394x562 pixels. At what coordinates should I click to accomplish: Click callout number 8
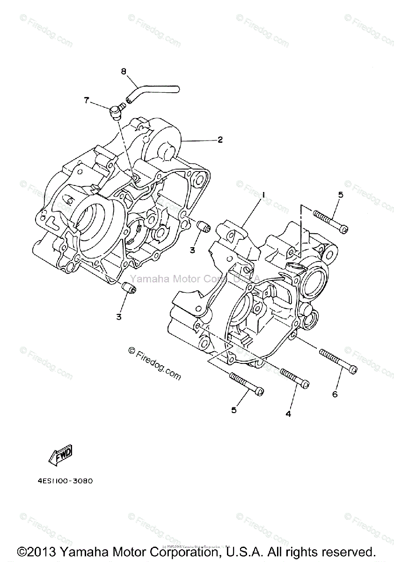click(x=124, y=71)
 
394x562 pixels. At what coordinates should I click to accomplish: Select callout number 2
click(x=219, y=140)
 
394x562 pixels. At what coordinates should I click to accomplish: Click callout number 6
click(x=335, y=394)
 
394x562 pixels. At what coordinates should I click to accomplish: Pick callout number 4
click(x=288, y=414)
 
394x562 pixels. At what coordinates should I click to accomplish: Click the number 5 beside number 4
click(x=233, y=410)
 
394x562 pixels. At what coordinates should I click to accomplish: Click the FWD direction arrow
click(x=61, y=452)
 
